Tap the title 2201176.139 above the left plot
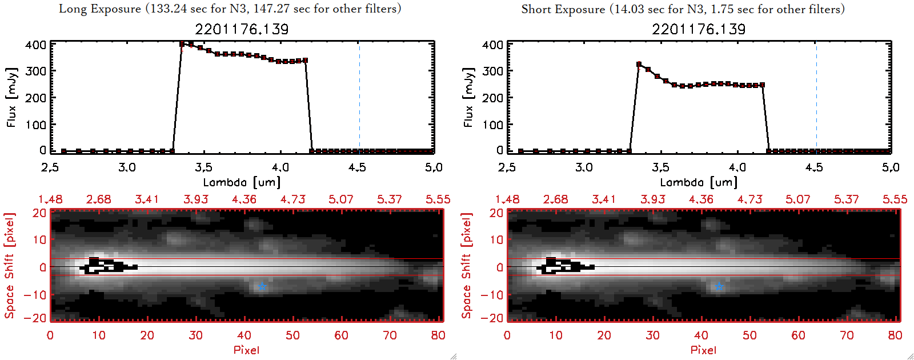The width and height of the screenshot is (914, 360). click(242, 29)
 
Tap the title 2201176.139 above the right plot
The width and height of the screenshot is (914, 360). click(699, 29)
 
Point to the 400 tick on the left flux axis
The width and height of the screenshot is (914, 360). click(35, 45)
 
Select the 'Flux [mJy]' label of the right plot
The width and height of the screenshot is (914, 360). click(468, 97)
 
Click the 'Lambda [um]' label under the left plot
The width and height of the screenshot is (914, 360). click(242, 182)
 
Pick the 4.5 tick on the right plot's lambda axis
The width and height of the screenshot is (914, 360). click(814, 167)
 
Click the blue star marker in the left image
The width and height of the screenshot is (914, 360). click(262, 287)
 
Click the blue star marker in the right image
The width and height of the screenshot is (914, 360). click(719, 287)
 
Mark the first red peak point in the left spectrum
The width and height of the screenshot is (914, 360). click(182, 44)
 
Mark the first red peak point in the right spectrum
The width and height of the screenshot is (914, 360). click(639, 65)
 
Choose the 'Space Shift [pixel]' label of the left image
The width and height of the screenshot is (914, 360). click(10, 266)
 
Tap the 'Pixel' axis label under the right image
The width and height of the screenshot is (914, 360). click(703, 350)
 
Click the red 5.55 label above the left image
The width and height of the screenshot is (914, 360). click(438, 199)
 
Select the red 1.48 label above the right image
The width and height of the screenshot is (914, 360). click(507, 199)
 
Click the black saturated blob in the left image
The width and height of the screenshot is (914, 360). click(106, 266)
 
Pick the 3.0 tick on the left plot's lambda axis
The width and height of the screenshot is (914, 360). click(127, 167)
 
